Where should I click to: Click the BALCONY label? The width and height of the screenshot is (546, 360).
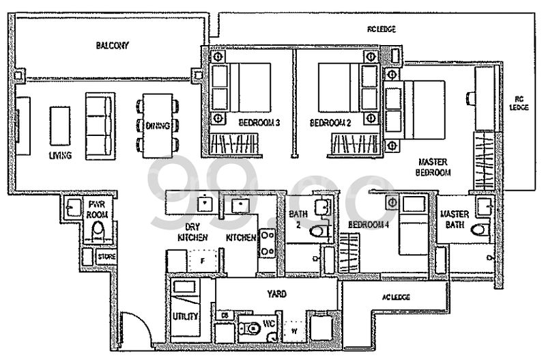(113, 46)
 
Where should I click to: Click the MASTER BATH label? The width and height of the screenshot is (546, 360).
(453, 219)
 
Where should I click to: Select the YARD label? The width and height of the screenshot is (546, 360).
(276, 294)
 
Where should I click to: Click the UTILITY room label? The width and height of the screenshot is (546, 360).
(186, 316)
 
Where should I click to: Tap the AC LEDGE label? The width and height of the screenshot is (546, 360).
(396, 296)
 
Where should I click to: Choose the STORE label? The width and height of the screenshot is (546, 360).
(107, 257)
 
